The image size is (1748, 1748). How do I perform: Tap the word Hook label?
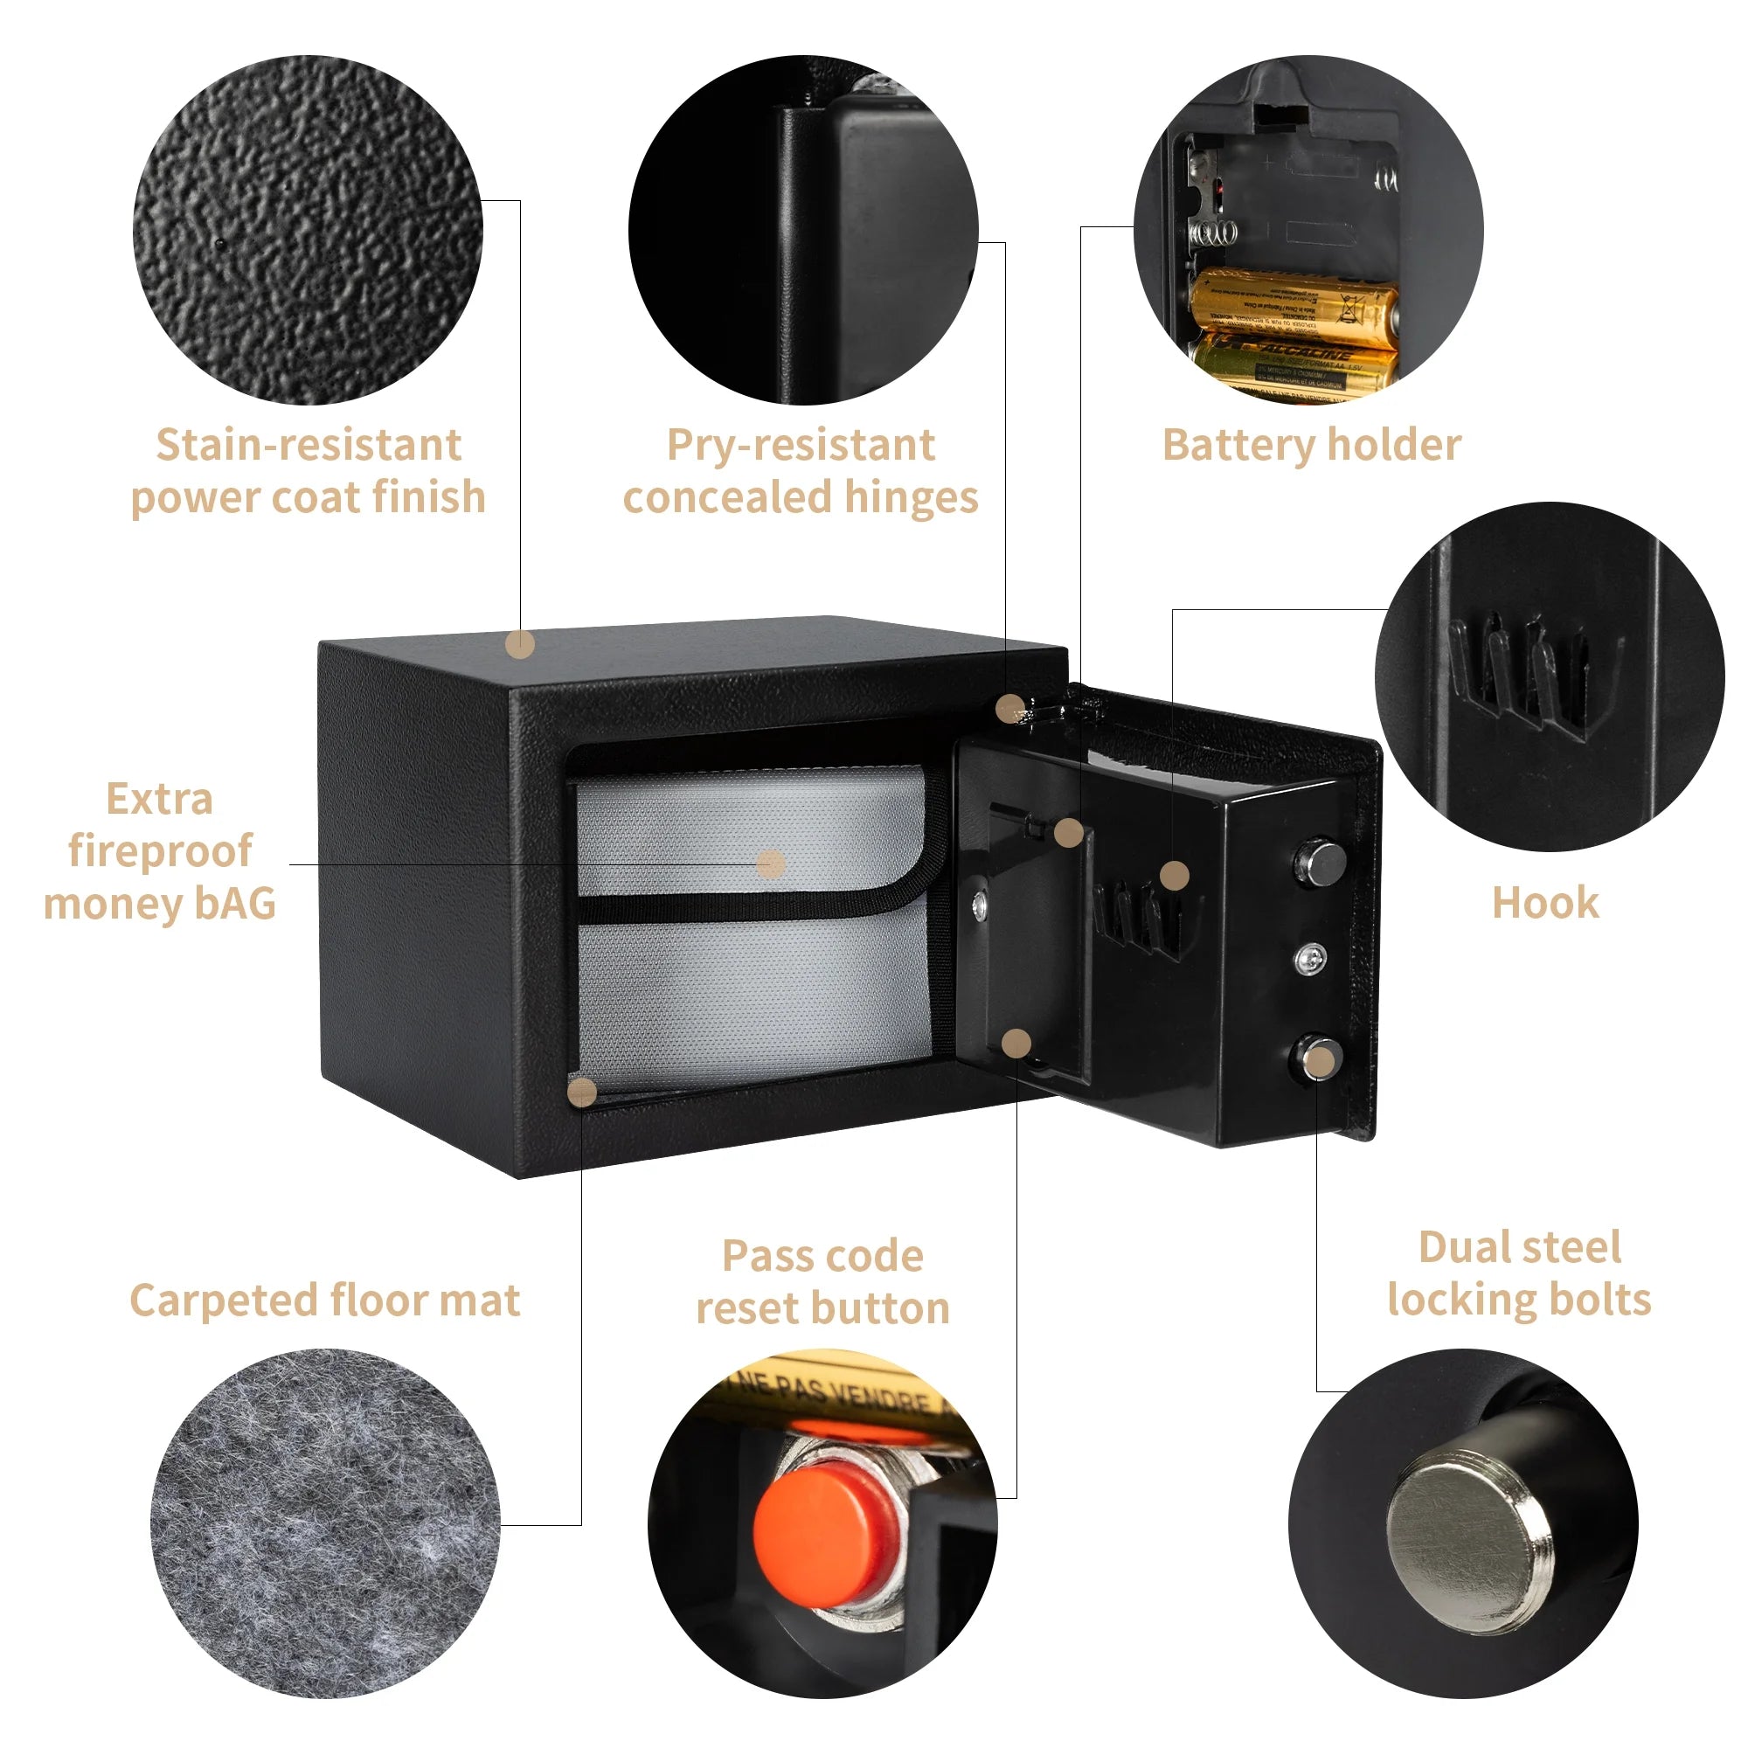coord(1544,903)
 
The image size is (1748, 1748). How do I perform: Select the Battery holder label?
coord(1311,445)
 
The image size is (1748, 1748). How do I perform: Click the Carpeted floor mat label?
coord(325,1301)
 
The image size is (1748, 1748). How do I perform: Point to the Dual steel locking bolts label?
coord(1519,1273)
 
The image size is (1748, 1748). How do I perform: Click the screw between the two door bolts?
coord(1311,957)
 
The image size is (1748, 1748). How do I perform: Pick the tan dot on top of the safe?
coord(519,645)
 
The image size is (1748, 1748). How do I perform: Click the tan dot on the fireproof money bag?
coord(770,864)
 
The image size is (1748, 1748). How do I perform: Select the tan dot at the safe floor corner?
coord(582,1093)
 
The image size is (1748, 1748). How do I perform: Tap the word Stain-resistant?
coord(309,445)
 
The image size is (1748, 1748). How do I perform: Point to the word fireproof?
coord(160,850)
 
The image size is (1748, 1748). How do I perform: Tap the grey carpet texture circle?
coord(324,1529)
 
